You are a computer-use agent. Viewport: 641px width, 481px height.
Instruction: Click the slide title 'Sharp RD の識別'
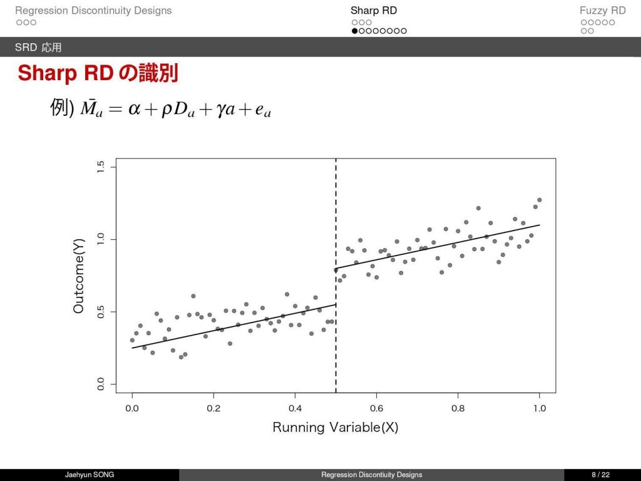coord(98,73)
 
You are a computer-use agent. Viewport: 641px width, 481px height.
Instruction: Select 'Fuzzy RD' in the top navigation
coord(602,11)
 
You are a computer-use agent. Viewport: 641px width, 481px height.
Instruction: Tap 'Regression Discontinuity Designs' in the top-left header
coord(93,11)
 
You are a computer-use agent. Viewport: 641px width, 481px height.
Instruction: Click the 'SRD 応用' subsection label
coord(38,48)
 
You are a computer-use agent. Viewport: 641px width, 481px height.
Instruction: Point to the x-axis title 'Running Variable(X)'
coord(336,428)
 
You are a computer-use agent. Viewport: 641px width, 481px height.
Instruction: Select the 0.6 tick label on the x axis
coord(376,408)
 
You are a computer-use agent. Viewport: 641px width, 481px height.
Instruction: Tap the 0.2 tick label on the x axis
coord(213,408)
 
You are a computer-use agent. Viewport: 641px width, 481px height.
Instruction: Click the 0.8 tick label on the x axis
coord(458,408)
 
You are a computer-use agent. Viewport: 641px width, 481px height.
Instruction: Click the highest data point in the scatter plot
coord(539,200)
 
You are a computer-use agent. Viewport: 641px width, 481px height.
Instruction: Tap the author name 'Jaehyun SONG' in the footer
coord(90,475)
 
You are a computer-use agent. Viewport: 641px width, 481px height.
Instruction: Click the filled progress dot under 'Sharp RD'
coord(355,31)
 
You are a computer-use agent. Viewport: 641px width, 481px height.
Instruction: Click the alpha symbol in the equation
coord(134,110)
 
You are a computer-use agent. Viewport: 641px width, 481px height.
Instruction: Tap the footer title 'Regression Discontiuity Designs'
coord(371,475)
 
